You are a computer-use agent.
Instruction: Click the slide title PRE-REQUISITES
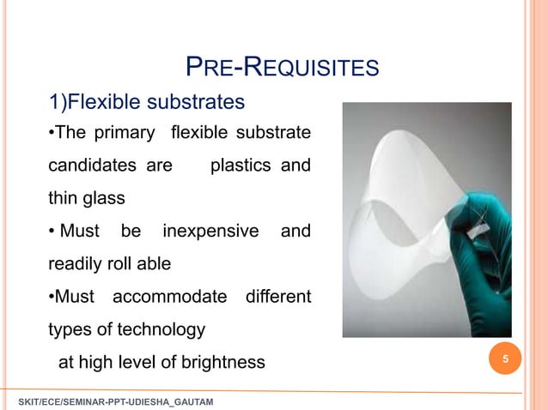coord(282,66)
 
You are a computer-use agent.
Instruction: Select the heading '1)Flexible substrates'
coord(146,103)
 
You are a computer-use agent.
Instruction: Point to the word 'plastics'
coord(241,166)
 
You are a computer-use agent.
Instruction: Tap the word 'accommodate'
coord(169,298)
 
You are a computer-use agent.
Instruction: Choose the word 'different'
coord(277,298)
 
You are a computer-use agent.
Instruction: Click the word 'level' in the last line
coord(159,363)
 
